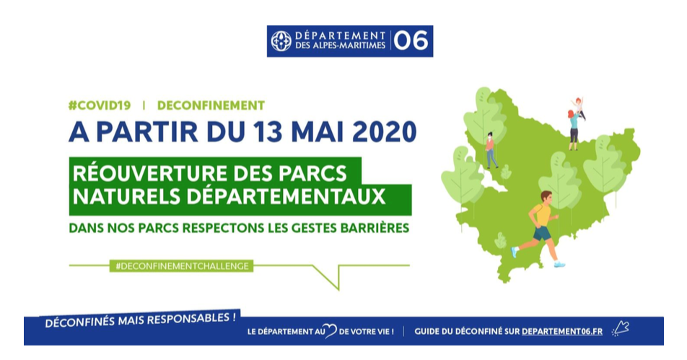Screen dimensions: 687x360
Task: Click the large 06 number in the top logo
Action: (411, 41)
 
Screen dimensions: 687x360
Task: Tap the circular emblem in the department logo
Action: (281, 41)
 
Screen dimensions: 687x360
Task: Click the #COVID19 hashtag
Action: (100, 105)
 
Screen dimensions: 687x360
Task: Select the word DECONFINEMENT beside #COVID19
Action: (211, 105)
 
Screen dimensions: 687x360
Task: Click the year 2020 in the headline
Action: (384, 132)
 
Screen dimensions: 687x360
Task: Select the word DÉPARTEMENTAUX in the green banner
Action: (286, 197)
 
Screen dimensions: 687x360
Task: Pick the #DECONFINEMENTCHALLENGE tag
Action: (181, 265)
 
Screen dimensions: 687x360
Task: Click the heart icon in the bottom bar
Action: (331, 331)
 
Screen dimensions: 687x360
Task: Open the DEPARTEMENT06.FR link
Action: (562, 332)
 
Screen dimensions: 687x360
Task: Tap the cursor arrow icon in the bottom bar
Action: (621, 328)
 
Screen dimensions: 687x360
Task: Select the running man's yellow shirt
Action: (541, 214)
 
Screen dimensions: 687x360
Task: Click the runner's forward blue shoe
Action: (559, 264)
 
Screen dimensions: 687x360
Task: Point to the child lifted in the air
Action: (579, 108)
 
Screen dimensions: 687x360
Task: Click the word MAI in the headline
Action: (318, 132)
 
